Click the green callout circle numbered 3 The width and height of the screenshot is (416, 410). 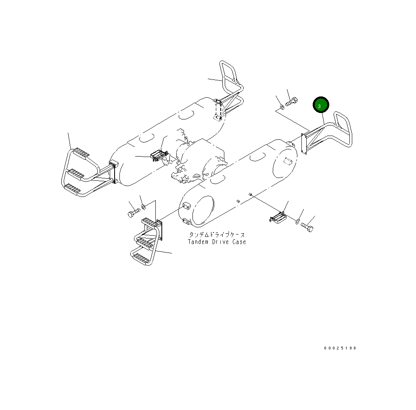pos(321,106)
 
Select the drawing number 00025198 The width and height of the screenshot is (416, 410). pos(340,348)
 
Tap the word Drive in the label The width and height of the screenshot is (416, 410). pos(220,242)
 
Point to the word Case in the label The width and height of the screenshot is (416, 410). pos(239,242)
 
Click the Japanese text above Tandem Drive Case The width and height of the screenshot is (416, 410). pos(217,234)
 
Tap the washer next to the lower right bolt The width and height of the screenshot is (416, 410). pos(297,221)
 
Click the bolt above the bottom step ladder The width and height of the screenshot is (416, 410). pos(133,213)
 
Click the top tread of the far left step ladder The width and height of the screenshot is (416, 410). pos(81,152)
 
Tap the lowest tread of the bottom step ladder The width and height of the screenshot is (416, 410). pos(141,257)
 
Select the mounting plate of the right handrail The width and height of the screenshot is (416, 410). pos(305,144)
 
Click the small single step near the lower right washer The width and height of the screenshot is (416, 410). pos(278,218)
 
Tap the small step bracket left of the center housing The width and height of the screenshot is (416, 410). pos(158,155)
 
